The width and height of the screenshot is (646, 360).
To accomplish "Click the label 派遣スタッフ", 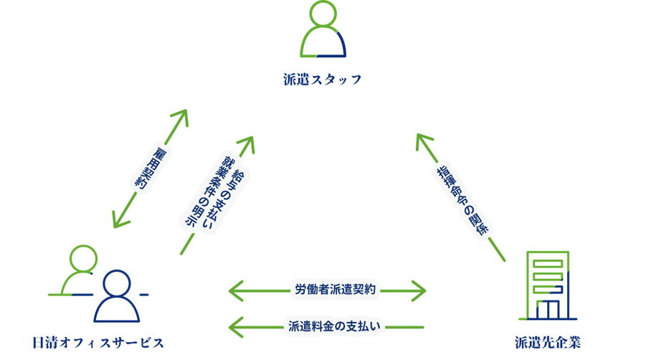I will point(322,79).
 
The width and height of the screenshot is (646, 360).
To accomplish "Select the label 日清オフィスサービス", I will point(99,342).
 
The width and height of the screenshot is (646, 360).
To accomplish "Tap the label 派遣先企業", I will point(548,342).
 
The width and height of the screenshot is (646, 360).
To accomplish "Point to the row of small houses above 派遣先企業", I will point(549,312).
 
